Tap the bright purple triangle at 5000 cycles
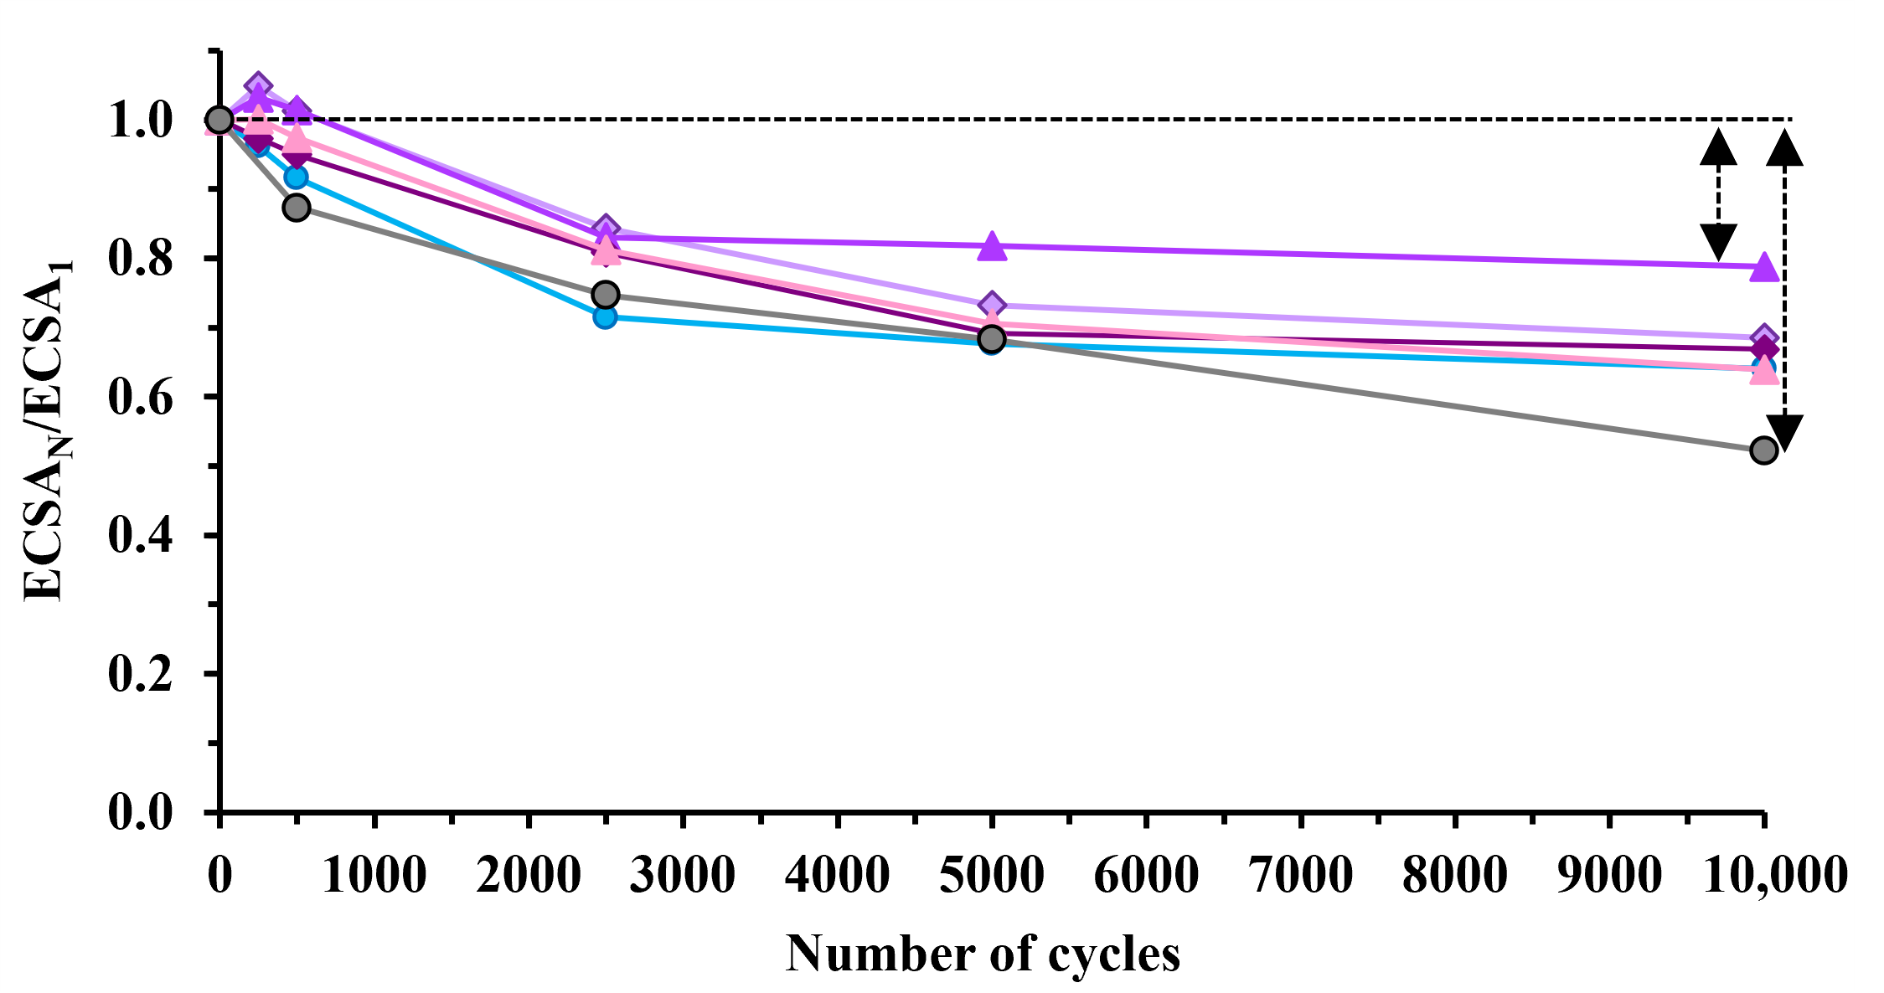click(992, 245)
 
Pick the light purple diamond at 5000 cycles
click(992, 305)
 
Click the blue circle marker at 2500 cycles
click(605, 316)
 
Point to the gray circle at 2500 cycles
click(605, 295)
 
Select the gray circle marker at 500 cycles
click(296, 207)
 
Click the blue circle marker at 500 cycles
click(296, 178)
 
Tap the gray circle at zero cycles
click(219, 120)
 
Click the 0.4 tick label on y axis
click(140, 536)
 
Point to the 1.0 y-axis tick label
click(140, 121)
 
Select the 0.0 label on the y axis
click(140, 813)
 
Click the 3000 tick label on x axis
click(683, 876)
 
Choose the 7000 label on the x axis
click(1300, 876)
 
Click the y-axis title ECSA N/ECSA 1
click(46, 431)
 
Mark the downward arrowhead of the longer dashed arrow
click(1784, 433)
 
